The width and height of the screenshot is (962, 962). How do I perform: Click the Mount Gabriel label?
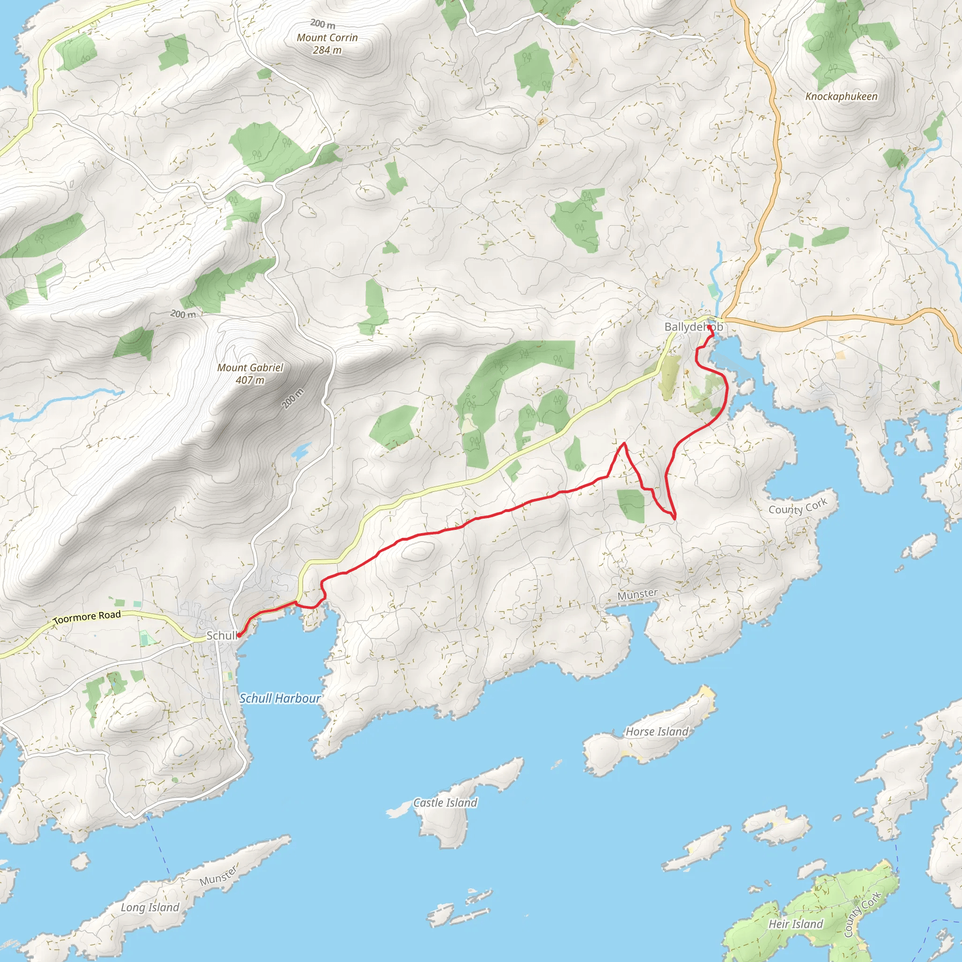(250, 367)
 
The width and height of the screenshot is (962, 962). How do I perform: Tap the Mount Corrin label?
(327, 38)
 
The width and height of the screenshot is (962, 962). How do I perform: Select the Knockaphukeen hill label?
(841, 97)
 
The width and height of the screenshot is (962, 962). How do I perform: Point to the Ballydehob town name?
(693, 327)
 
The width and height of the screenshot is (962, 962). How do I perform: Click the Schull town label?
(221, 636)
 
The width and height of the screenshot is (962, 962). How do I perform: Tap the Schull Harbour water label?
(280, 698)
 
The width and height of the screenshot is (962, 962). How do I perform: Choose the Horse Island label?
(657, 731)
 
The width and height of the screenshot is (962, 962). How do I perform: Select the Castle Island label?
(445, 803)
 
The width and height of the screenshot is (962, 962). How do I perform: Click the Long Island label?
(150, 907)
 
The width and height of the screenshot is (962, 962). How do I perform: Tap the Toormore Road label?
(87, 617)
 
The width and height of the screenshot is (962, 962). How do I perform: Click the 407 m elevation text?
(250, 380)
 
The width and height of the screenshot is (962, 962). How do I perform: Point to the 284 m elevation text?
(327, 50)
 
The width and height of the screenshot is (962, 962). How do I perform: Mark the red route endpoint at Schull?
(239, 636)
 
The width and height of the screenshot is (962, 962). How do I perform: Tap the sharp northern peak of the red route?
(623, 442)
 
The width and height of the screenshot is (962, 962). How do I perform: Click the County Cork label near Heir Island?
(862, 914)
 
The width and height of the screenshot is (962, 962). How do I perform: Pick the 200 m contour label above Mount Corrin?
(323, 23)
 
